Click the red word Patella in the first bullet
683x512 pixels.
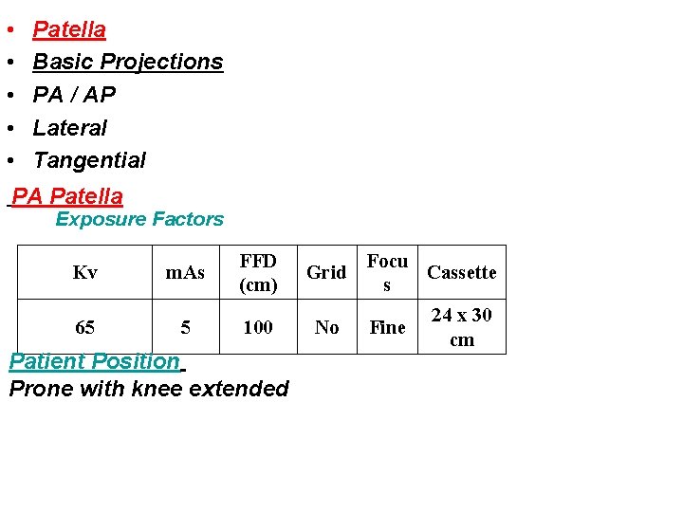[x=69, y=29]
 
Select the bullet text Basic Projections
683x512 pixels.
[x=128, y=62]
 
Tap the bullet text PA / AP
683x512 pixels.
[x=74, y=95]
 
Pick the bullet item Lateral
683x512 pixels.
[x=70, y=127]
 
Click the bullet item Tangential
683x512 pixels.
[x=89, y=160]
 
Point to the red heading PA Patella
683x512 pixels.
[x=67, y=196]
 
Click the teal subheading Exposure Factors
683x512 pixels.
[x=139, y=219]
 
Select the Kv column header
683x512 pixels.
[x=84, y=273]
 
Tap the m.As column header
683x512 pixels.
[x=185, y=273]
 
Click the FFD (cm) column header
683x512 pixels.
[x=258, y=272]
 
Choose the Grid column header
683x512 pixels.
[x=326, y=273]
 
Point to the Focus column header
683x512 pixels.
[x=387, y=272]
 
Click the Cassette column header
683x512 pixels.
[x=461, y=273]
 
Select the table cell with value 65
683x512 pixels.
[x=84, y=327]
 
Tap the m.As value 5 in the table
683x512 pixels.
[x=185, y=327]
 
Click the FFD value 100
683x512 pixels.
[x=258, y=327]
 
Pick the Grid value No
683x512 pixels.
[x=326, y=327]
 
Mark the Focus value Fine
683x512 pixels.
[x=387, y=327]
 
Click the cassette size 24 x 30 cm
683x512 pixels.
[x=461, y=327]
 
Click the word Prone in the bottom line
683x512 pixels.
[x=40, y=389]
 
